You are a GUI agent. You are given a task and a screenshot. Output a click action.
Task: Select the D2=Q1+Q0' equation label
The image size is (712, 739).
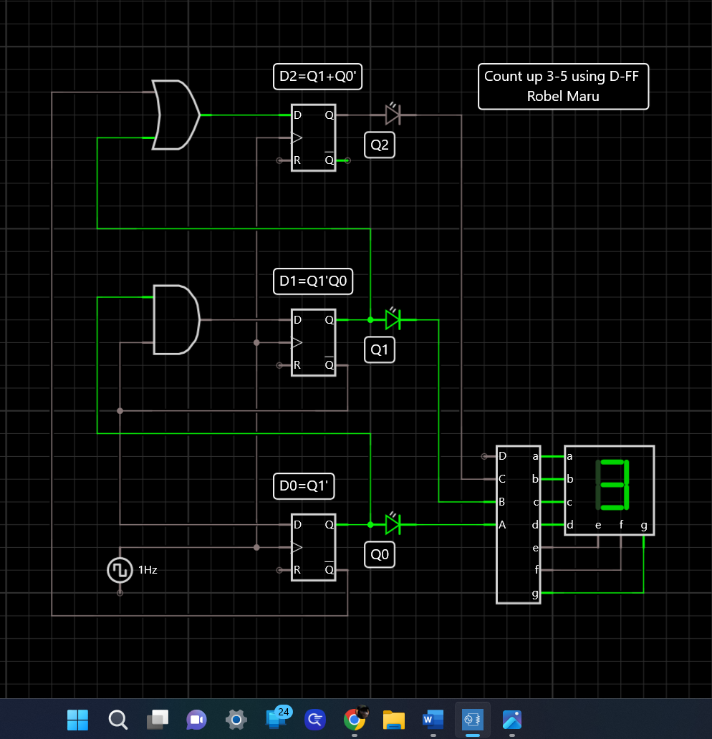pyautogui.click(x=317, y=77)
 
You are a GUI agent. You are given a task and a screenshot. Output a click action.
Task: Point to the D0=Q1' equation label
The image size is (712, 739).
pyautogui.click(x=304, y=487)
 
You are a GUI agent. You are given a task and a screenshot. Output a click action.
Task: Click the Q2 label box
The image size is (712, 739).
pyautogui.click(x=379, y=146)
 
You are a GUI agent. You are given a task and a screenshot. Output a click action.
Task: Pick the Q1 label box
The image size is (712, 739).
pyautogui.click(x=379, y=350)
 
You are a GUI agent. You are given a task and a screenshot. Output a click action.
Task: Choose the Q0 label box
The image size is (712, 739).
pyautogui.click(x=379, y=554)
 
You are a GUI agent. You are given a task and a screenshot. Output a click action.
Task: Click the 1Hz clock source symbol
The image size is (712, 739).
pyautogui.click(x=119, y=570)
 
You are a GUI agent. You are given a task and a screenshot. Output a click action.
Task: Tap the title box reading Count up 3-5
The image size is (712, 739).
pyautogui.click(x=563, y=86)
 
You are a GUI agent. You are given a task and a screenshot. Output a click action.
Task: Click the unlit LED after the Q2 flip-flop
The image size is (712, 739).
pyautogui.click(x=392, y=115)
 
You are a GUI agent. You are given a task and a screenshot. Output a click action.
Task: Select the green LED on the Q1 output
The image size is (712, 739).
pyautogui.click(x=392, y=319)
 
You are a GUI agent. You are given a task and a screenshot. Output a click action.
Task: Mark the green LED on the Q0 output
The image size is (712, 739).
pyautogui.click(x=392, y=524)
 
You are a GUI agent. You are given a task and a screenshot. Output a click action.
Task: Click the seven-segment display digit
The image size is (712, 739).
pyautogui.click(x=612, y=484)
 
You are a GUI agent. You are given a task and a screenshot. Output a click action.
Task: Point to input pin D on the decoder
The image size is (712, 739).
pyautogui.click(x=502, y=456)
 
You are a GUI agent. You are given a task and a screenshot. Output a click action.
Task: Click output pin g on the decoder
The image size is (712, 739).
pyautogui.click(x=535, y=593)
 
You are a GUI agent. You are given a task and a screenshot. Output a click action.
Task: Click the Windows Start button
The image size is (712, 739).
pyautogui.click(x=77, y=718)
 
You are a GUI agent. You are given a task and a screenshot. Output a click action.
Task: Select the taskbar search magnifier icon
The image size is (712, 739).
pyautogui.click(x=117, y=718)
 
